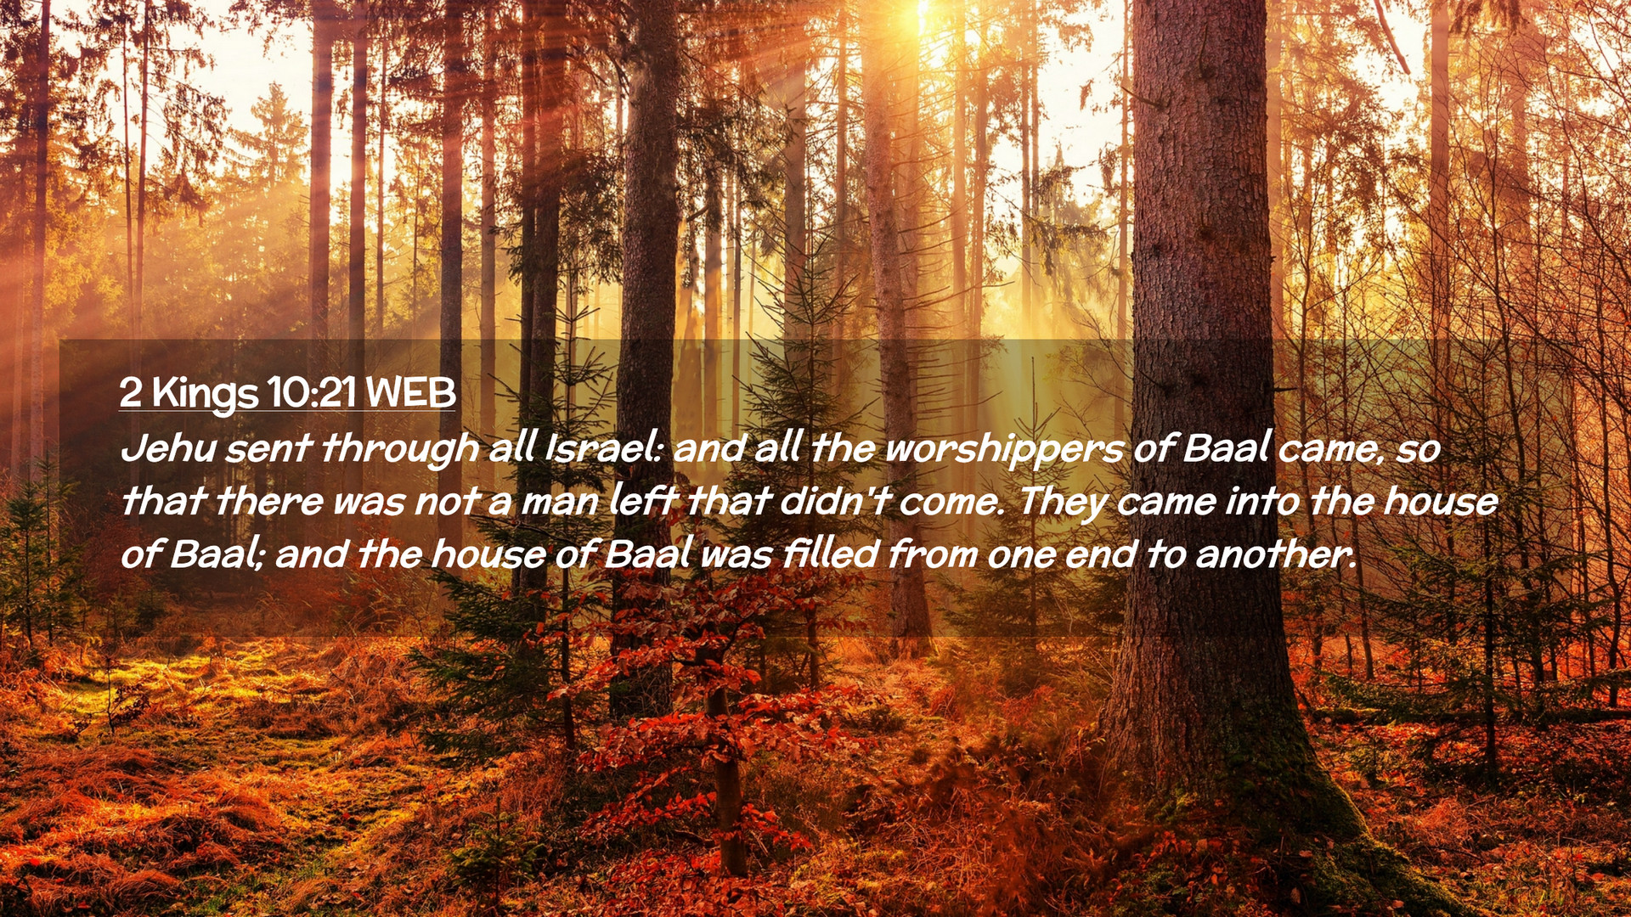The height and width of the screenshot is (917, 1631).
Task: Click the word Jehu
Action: point(168,447)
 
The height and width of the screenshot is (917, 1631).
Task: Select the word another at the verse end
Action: point(1274,554)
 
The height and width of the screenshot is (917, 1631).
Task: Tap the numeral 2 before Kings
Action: point(130,392)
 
